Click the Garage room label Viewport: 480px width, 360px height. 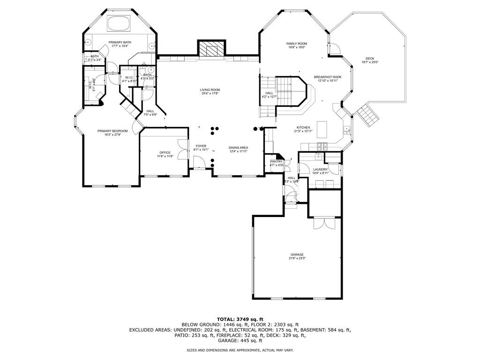click(x=296, y=255)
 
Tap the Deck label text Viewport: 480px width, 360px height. click(x=370, y=59)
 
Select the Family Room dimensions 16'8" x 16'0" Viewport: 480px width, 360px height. click(x=296, y=47)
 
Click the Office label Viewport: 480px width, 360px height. click(x=165, y=152)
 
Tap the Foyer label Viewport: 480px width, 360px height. click(x=201, y=146)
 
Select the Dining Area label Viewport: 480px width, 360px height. click(x=238, y=148)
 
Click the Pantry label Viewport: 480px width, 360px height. click(x=276, y=162)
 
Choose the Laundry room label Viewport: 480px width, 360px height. click(x=320, y=170)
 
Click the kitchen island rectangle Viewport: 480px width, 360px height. click(x=322, y=127)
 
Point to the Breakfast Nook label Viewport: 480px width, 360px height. click(x=328, y=77)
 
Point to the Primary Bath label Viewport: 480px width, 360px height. click(x=120, y=42)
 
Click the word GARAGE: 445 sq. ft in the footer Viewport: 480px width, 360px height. click(x=240, y=340)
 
